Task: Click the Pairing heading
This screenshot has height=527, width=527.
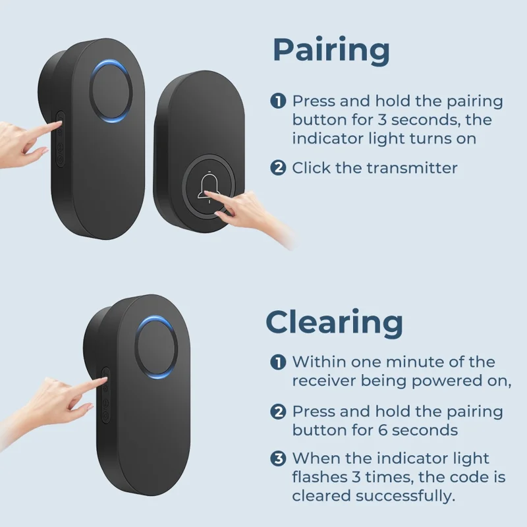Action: (331, 51)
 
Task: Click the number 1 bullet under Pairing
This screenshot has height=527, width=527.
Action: (278, 101)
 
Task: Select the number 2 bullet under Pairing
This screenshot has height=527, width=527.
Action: (278, 168)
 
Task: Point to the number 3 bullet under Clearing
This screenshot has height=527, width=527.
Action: (278, 458)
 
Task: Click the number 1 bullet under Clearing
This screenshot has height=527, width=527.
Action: (278, 362)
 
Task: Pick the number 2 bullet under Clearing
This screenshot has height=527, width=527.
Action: (278, 412)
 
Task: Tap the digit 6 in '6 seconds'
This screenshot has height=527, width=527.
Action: (383, 430)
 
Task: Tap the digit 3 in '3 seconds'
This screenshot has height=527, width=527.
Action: (382, 120)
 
